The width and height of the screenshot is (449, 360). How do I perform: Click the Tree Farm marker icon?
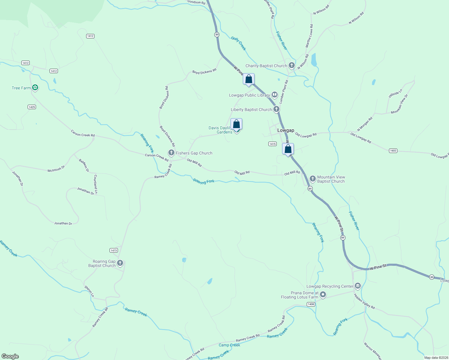(35, 88)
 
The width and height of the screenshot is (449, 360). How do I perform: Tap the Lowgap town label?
(285, 130)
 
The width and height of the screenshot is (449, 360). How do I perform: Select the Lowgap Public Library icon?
(275, 95)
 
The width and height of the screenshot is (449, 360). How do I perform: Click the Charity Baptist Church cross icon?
(291, 65)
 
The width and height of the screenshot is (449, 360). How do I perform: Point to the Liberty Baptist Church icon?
(276, 109)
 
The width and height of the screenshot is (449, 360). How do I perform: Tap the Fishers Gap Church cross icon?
(171, 153)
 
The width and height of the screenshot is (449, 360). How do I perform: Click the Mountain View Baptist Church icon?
(312, 179)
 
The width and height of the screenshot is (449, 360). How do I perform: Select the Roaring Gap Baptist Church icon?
(120, 263)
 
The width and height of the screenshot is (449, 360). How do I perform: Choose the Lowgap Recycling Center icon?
(357, 286)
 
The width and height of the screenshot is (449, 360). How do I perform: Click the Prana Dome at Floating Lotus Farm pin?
(323, 295)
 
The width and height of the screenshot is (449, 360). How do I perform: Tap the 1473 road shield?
(114, 250)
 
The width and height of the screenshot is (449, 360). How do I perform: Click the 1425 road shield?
(32, 107)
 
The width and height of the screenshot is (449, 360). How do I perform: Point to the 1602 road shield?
(393, 151)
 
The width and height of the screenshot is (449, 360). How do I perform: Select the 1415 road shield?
(272, 144)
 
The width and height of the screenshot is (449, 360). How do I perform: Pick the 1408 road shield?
(311, 304)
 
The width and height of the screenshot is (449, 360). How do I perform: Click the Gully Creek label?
(239, 43)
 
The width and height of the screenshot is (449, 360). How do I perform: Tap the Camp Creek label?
(229, 345)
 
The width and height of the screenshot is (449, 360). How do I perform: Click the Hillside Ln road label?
(395, 94)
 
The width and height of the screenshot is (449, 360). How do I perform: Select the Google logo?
(10, 356)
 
